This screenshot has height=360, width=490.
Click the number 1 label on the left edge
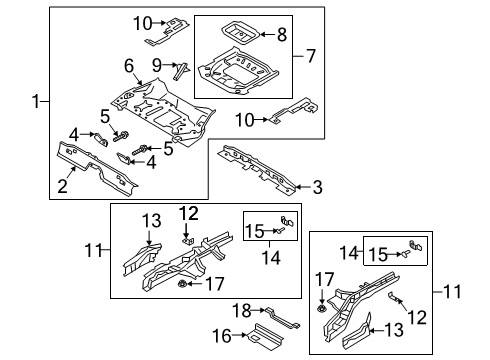click(37, 101)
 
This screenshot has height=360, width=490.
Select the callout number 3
click(318, 185)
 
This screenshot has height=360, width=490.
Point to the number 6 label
click(128, 65)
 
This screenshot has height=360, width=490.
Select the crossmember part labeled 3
click(257, 164)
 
